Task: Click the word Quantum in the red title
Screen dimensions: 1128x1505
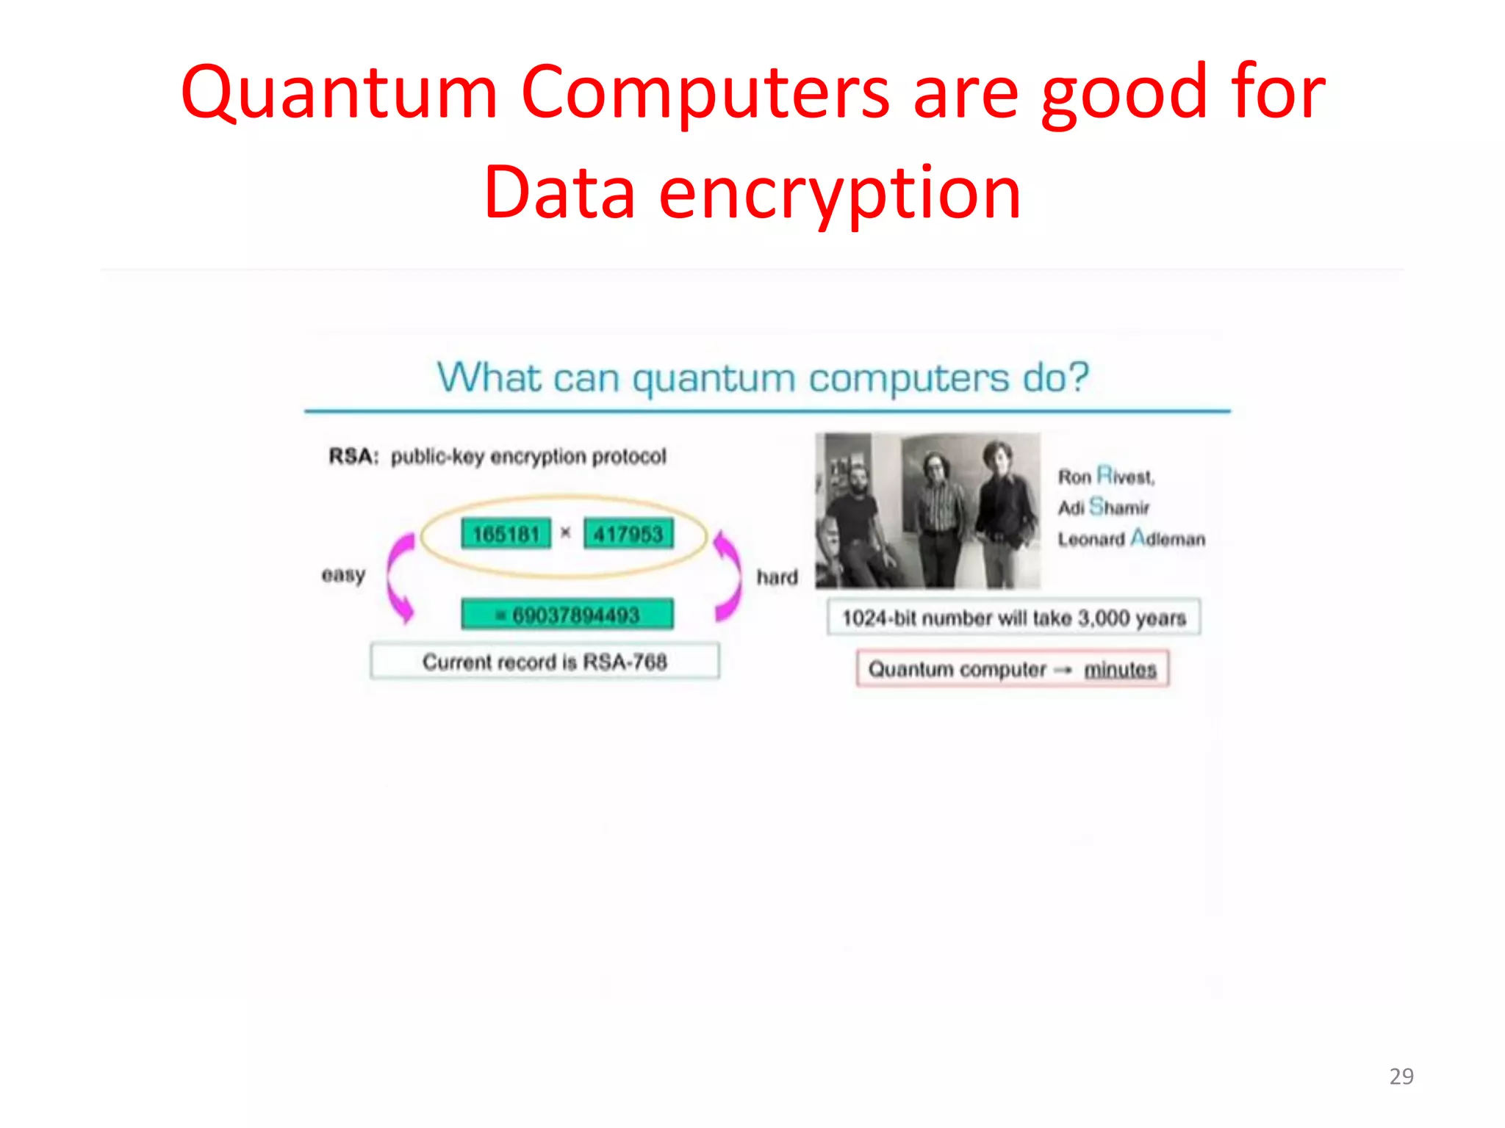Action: point(340,94)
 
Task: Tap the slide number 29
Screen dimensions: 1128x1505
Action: point(1401,1076)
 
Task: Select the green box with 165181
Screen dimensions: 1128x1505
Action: point(506,534)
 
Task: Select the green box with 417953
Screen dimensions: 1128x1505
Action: point(628,534)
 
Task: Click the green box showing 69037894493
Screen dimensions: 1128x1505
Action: point(567,615)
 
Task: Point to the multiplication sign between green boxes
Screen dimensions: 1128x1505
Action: point(565,533)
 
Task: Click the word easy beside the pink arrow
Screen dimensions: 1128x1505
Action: point(343,575)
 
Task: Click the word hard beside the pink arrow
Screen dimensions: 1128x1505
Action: point(777,577)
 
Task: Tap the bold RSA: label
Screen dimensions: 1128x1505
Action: point(353,457)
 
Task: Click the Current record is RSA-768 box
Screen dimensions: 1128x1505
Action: point(545,662)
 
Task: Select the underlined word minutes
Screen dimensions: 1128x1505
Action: point(1120,670)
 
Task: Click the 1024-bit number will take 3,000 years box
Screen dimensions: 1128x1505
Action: point(1013,618)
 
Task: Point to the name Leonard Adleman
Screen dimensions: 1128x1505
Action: point(1131,539)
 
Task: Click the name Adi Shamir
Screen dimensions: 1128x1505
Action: point(1103,507)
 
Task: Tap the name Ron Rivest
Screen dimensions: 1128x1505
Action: point(1106,477)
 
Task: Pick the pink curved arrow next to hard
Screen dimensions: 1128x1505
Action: point(728,576)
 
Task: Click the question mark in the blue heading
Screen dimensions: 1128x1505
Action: point(1077,377)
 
